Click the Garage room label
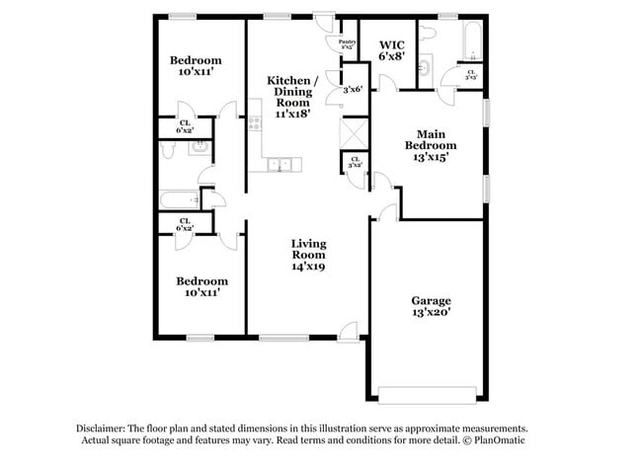431,306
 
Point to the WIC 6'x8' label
391,50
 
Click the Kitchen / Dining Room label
293,96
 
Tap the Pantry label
347,44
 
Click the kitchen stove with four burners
254,123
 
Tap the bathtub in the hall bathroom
178,200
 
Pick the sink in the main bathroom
424,68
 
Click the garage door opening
429,399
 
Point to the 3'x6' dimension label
352,90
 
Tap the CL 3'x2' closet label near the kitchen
353,164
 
